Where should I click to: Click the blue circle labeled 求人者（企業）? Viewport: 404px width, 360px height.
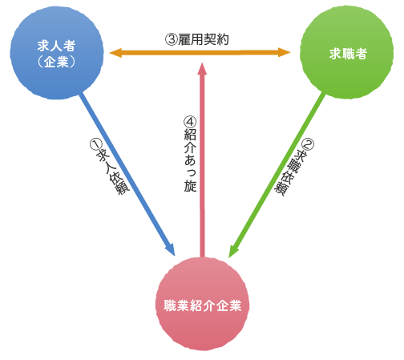57,53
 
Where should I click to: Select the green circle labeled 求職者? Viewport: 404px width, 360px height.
347,52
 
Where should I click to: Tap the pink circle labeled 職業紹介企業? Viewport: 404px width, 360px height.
202,304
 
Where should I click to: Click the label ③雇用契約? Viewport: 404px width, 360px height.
197,39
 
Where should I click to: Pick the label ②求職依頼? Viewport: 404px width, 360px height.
294,168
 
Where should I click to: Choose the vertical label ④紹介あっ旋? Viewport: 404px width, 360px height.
190,154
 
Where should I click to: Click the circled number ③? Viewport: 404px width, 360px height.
171,40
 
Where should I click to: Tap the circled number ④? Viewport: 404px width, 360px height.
190,122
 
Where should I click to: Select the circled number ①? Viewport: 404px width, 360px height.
95,144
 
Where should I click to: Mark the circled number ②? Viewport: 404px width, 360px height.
308,145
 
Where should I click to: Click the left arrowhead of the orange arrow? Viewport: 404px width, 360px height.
115,53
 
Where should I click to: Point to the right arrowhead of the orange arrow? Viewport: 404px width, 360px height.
285,52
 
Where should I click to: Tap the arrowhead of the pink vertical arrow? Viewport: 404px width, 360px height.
202,69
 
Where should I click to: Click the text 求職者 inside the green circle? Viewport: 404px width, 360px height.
348,54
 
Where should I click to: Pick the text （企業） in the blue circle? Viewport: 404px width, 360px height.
56,62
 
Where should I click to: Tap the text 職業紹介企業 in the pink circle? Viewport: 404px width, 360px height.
203,305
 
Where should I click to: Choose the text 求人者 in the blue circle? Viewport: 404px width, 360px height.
56,46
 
